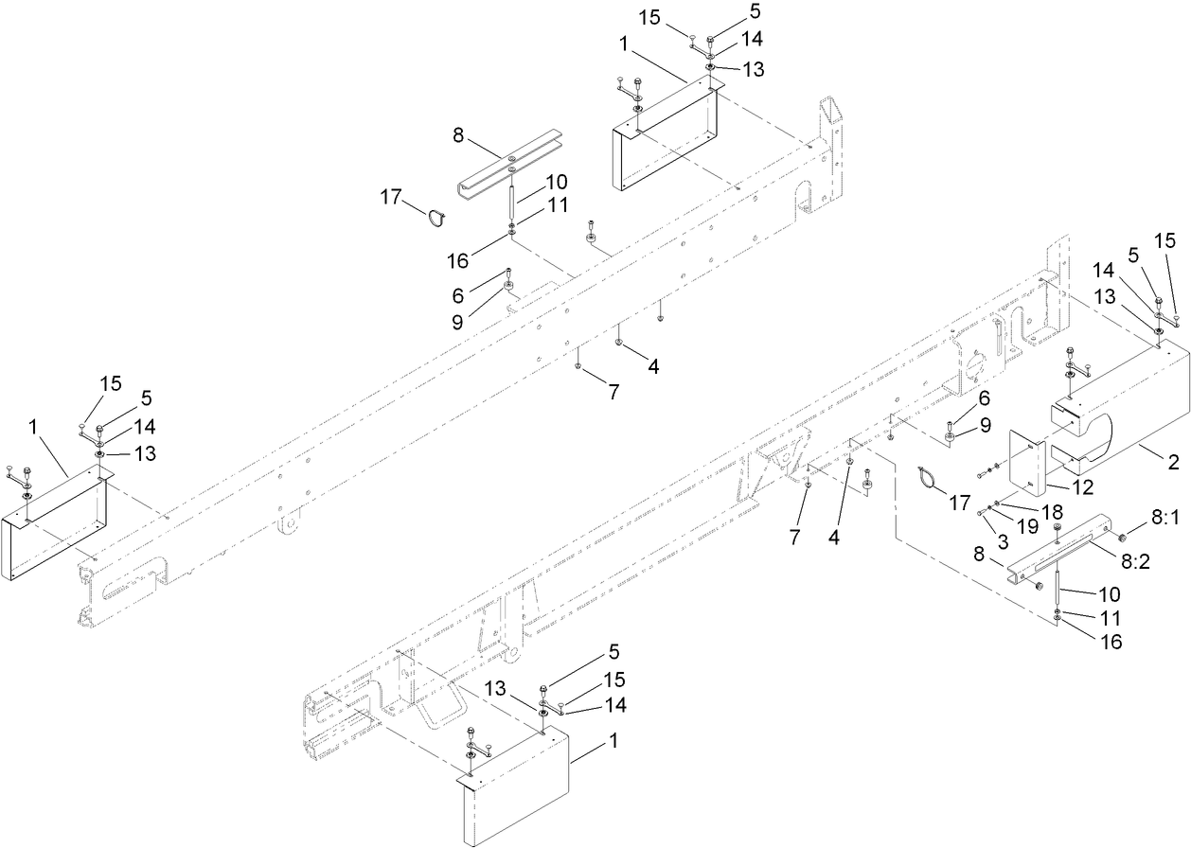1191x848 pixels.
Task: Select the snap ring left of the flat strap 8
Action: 436,218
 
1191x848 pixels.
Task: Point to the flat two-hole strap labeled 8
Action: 509,173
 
